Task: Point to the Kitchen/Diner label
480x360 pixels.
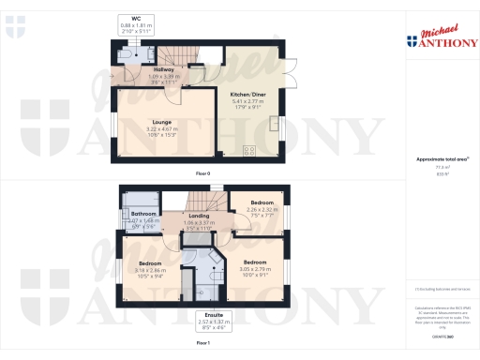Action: pyautogui.click(x=247, y=94)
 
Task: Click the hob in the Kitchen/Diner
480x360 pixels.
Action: pyautogui.click(x=250, y=150)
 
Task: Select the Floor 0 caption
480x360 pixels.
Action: pyautogui.click(x=202, y=174)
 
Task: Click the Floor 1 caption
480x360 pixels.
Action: pyautogui.click(x=202, y=344)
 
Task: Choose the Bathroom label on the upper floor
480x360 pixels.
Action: pyautogui.click(x=143, y=214)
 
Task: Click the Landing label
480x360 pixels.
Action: pyautogui.click(x=198, y=216)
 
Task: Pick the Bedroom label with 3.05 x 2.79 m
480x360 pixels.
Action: pyautogui.click(x=255, y=262)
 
